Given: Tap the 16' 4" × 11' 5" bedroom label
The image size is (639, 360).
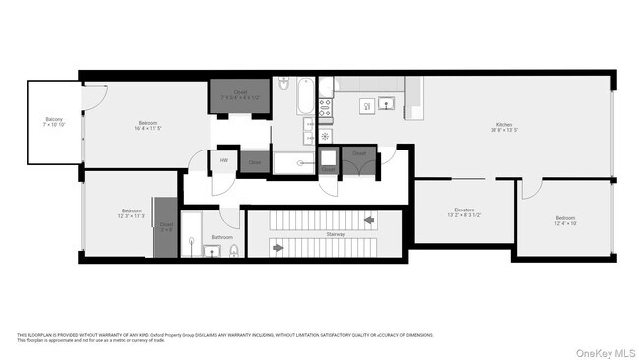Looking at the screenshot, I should tap(147, 125).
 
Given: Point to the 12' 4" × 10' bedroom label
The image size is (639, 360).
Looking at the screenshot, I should tap(565, 220).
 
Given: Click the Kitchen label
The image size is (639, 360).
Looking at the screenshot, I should tap(504, 127).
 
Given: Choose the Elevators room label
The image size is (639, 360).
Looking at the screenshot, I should tap(464, 212).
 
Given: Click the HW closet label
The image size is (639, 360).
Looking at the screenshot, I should tap(224, 161).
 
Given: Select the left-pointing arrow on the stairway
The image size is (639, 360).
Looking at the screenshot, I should tap(369, 220).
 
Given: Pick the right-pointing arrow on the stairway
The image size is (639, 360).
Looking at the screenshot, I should tap(278, 248).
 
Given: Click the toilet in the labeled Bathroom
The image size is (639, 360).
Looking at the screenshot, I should tap(233, 252).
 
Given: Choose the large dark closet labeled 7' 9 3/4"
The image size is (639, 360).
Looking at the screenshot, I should tap(239, 97).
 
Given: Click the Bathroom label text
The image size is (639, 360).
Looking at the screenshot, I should tap(222, 237).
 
